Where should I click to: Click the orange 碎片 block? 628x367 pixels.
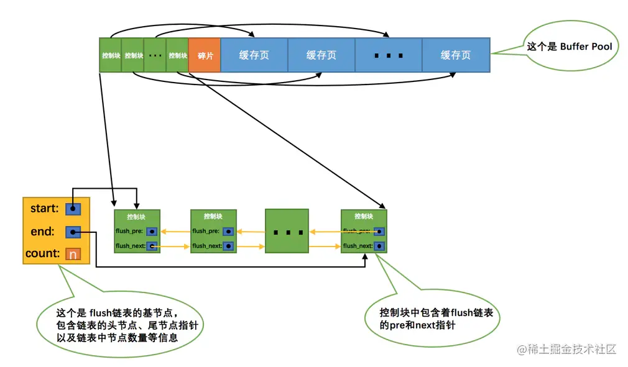(x=205, y=55)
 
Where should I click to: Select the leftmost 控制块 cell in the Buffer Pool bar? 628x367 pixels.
(x=110, y=55)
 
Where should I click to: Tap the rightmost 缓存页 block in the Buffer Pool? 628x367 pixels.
(x=456, y=55)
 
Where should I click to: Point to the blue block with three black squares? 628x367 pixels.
(x=389, y=55)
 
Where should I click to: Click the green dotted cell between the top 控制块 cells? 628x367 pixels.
(x=155, y=55)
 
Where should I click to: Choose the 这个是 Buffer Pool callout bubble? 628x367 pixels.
(x=569, y=47)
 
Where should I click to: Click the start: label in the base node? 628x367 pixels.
(x=44, y=209)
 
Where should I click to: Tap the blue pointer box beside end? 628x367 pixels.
(x=73, y=232)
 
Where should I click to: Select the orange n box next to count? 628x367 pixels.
(x=73, y=254)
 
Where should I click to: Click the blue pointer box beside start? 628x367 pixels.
(x=73, y=209)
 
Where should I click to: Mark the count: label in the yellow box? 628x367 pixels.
(x=42, y=254)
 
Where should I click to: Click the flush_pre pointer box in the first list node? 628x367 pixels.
(x=152, y=231)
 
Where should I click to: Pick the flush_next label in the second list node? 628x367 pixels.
(x=206, y=246)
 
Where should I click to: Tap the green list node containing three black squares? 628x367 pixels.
(x=287, y=231)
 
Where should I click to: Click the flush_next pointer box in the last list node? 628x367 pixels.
(x=379, y=246)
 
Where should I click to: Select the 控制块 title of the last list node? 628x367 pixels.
(x=364, y=217)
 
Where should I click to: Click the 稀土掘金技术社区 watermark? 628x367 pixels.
(x=566, y=349)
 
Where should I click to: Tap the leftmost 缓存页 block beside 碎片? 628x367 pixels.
(x=254, y=55)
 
